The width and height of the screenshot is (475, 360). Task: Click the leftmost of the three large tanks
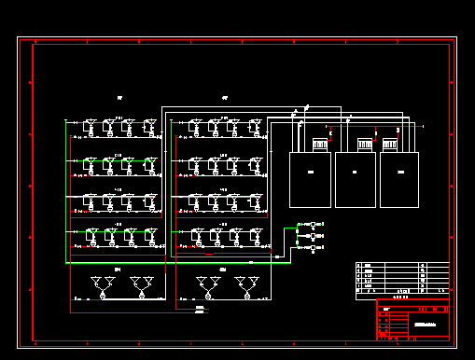[x=310, y=179]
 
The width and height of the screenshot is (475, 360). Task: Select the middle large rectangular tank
[x=356, y=179]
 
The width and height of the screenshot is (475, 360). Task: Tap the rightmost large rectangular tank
[x=400, y=179]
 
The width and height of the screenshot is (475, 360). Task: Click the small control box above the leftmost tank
[x=319, y=145]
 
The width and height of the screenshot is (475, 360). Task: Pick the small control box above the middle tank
[x=365, y=145]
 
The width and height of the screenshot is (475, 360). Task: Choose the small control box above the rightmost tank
[x=390, y=145]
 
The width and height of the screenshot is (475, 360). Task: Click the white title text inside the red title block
[x=426, y=323]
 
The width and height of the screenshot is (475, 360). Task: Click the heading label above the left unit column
[x=120, y=98]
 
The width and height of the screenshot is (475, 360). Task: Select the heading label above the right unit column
[x=226, y=98]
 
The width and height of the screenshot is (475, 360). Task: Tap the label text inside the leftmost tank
[x=311, y=173]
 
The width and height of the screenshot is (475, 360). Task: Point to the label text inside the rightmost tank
[x=400, y=173]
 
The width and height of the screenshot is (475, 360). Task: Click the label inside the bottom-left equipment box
[x=119, y=270]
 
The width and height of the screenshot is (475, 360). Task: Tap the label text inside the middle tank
[x=356, y=173]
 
